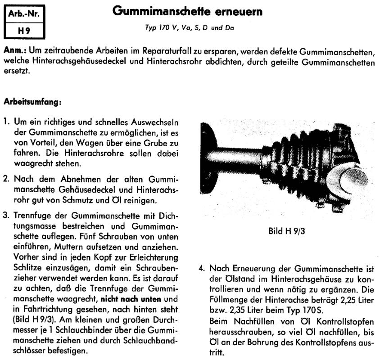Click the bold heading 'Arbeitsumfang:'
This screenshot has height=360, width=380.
[x=32, y=103]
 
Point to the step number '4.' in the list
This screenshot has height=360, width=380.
[x=202, y=269]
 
